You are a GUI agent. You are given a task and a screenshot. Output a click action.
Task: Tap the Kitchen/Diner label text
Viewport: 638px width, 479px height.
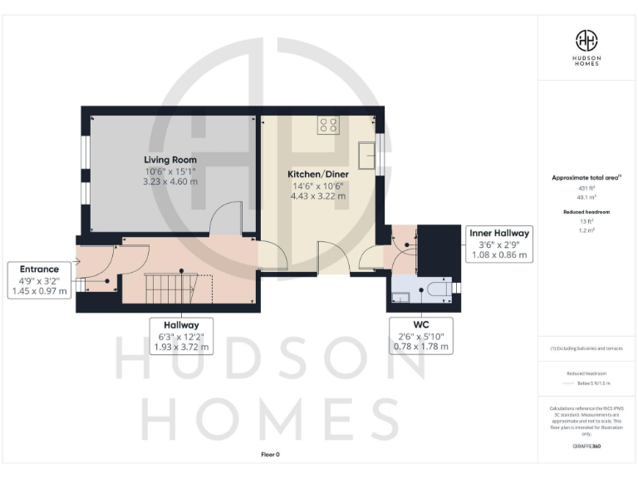(312, 174)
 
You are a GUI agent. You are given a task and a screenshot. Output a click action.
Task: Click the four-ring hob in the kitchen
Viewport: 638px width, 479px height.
(327, 126)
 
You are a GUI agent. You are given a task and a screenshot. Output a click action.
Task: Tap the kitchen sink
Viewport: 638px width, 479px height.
(366, 155)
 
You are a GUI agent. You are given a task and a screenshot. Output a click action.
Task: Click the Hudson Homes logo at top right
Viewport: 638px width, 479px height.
(587, 46)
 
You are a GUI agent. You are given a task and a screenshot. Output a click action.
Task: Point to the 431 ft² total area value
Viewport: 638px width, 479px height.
(587, 189)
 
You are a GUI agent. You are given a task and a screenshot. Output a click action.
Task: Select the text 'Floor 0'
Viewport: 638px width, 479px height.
(271, 454)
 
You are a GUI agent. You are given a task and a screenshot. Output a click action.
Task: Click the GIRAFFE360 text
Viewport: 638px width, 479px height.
(586, 447)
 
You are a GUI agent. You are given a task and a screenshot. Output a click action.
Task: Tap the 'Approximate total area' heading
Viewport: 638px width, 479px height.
(586, 178)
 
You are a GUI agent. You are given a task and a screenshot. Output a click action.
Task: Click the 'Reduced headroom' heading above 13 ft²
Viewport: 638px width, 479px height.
(587, 212)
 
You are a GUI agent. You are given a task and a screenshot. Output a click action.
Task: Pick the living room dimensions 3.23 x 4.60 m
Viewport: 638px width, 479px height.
(169, 180)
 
